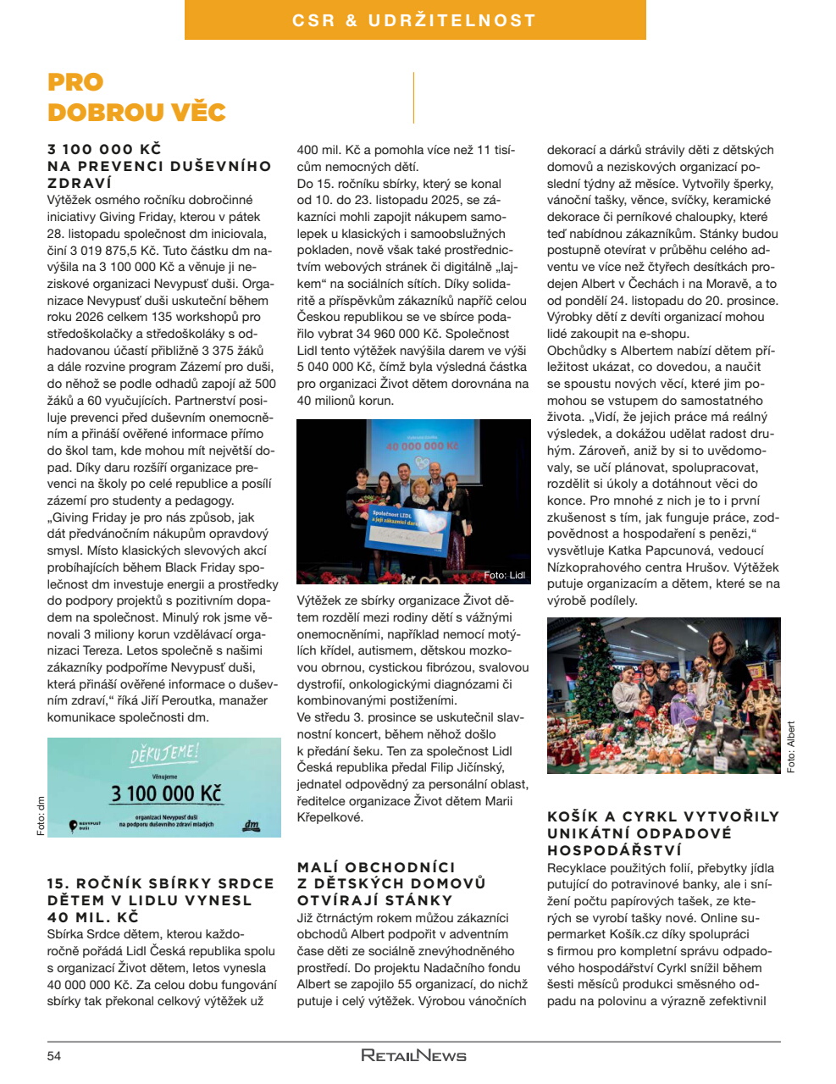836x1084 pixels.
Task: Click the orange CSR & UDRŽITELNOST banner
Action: [x=415, y=20]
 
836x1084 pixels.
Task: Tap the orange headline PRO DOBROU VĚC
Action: [x=136, y=97]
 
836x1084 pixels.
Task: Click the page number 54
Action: [x=54, y=1056]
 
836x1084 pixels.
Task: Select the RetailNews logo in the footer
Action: [x=413, y=1055]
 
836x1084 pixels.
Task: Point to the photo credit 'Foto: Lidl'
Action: [x=505, y=575]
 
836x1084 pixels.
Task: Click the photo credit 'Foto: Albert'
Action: [x=791, y=747]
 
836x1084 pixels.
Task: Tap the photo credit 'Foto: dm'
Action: [x=41, y=816]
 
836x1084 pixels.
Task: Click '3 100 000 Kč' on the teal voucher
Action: [x=166, y=794]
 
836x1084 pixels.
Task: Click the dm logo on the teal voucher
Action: [x=251, y=824]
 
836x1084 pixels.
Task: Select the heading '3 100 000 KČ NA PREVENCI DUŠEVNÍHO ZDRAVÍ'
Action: [x=159, y=166]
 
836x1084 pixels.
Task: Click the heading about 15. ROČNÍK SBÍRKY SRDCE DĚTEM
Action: [x=161, y=899]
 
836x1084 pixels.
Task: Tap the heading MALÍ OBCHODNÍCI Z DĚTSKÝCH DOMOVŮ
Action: [x=391, y=883]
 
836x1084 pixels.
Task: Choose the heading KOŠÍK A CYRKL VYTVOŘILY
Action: [x=662, y=833]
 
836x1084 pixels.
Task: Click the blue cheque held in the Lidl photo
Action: [x=398, y=530]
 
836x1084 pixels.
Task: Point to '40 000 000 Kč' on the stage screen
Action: [x=422, y=445]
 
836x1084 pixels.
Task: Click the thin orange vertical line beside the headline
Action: [x=413, y=97]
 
